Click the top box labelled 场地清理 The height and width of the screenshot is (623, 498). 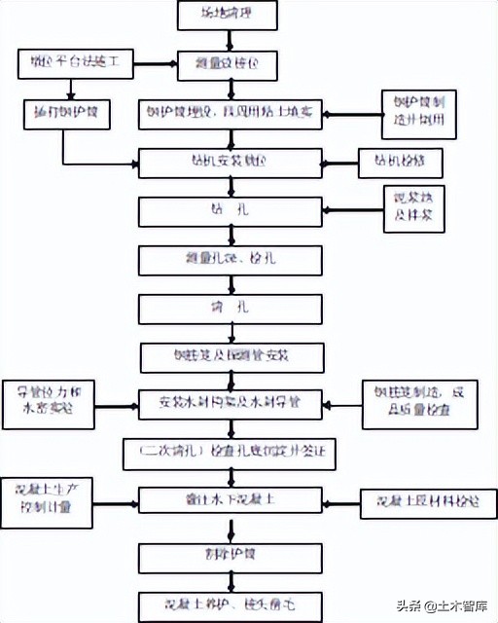(229, 16)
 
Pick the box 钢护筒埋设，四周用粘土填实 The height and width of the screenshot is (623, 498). (230, 112)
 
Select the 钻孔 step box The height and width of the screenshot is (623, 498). (230, 210)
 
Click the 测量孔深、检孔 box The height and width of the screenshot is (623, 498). (230, 259)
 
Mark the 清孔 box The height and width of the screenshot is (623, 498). (230, 308)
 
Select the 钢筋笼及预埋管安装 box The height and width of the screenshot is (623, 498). (230, 355)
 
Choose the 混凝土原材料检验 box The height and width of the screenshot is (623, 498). (421, 501)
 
